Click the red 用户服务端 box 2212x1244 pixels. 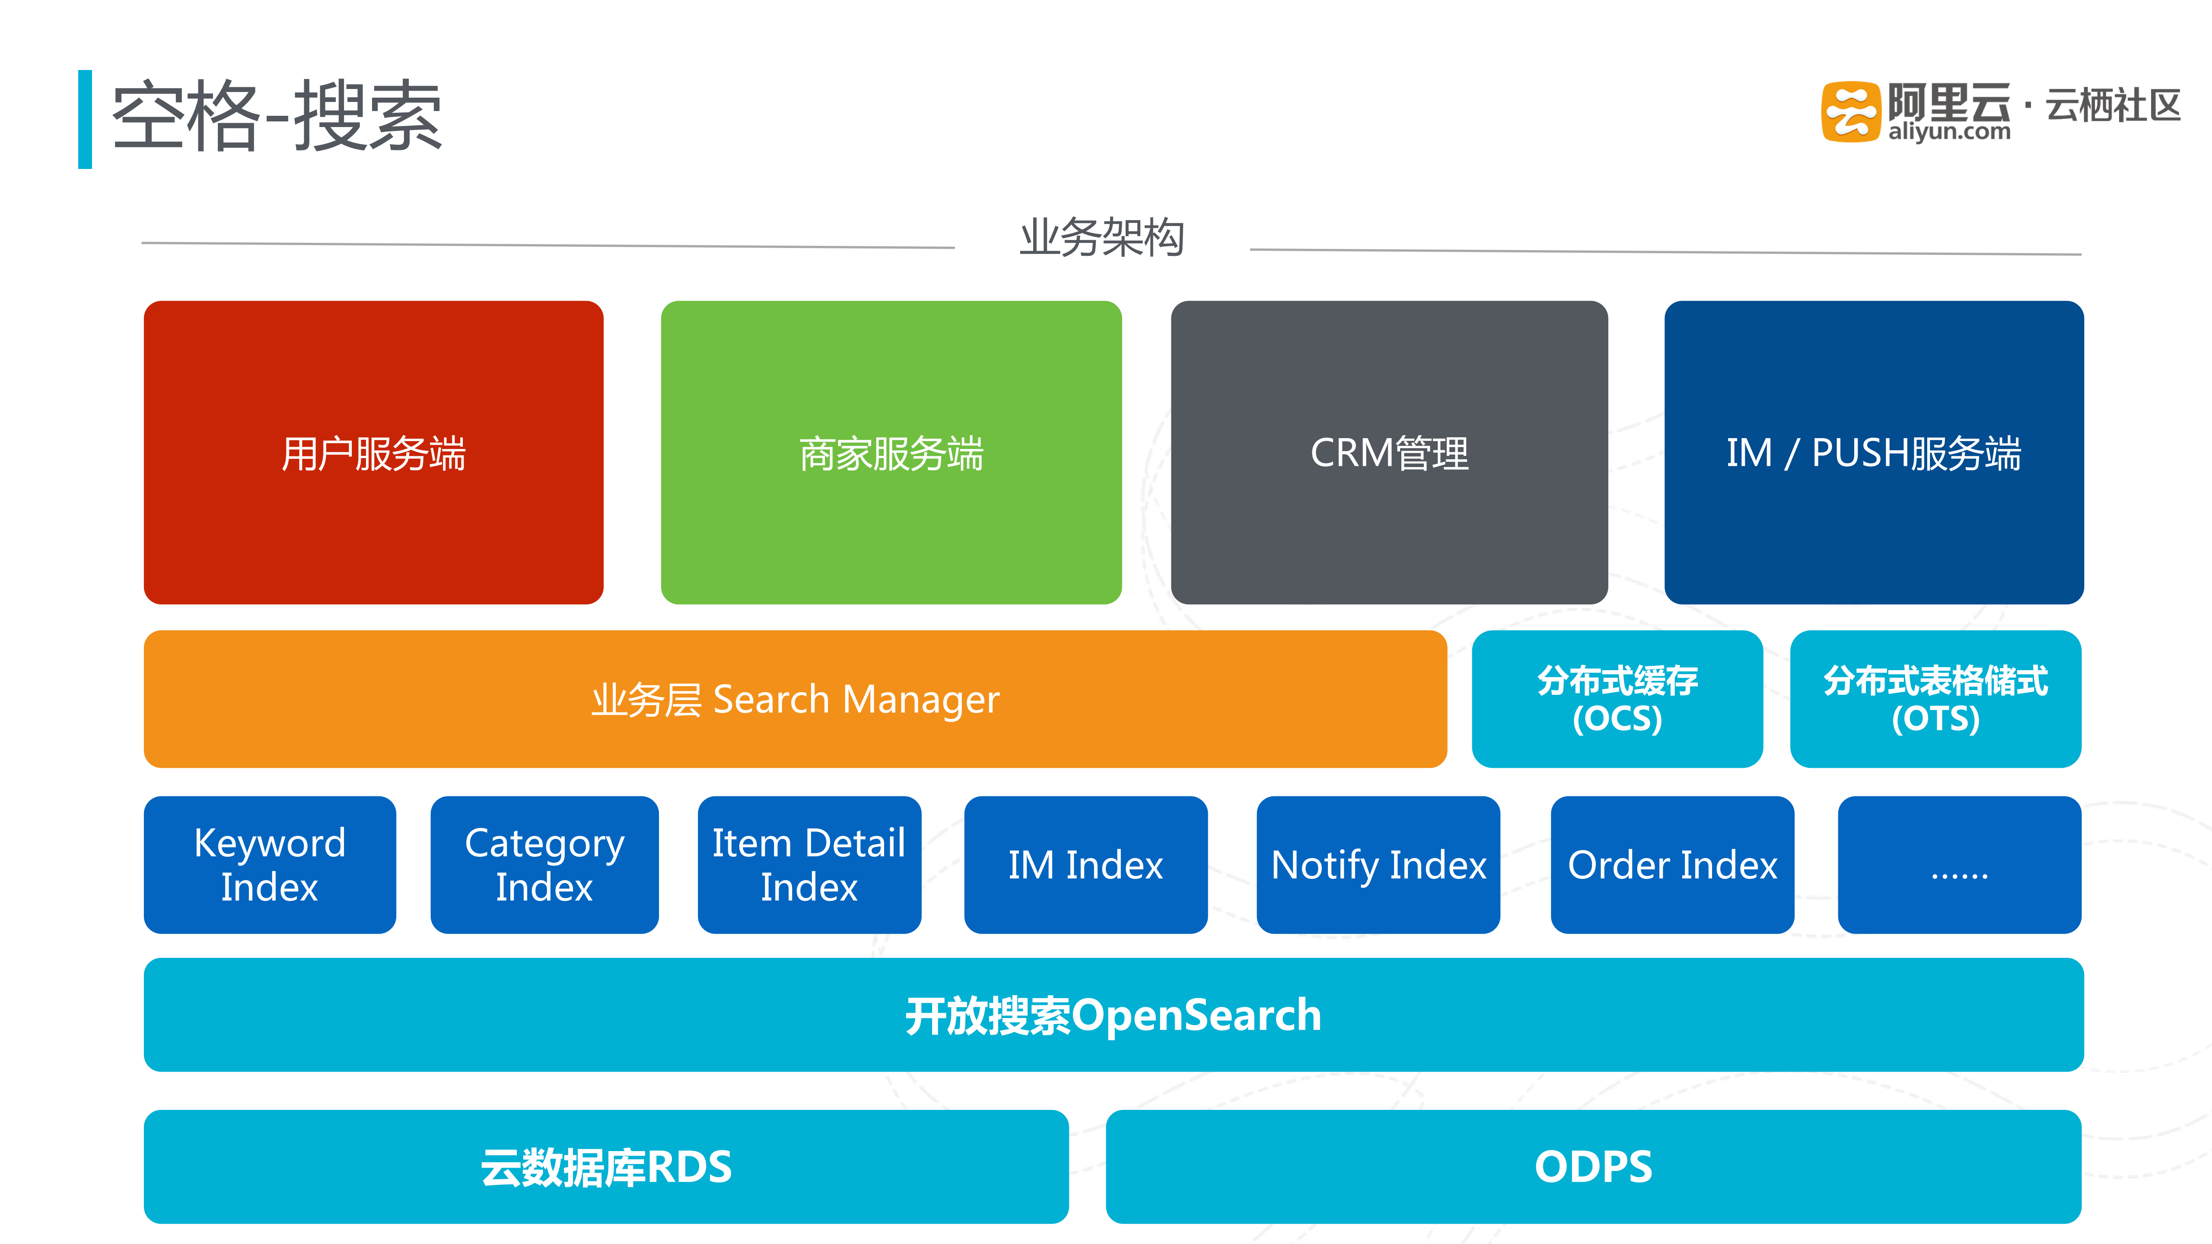click(x=373, y=452)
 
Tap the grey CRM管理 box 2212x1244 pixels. click(x=1388, y=452)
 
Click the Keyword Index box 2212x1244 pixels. click(x=270, y=865)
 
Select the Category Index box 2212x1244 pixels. click(x=544, y=865)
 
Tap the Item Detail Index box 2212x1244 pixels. click(x=809, y=865)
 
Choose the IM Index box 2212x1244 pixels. click(x=1085, y=865)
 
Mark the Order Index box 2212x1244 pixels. click(x=1672, y=865)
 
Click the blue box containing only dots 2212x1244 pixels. click(x=1959, y=865)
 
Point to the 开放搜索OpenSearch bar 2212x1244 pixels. click(x=1113, y=1015)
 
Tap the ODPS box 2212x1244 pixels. click(x=1593, y=1167)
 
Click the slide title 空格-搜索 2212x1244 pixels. click(x=277, y=117)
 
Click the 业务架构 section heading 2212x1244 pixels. click(x=1102, y=238)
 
